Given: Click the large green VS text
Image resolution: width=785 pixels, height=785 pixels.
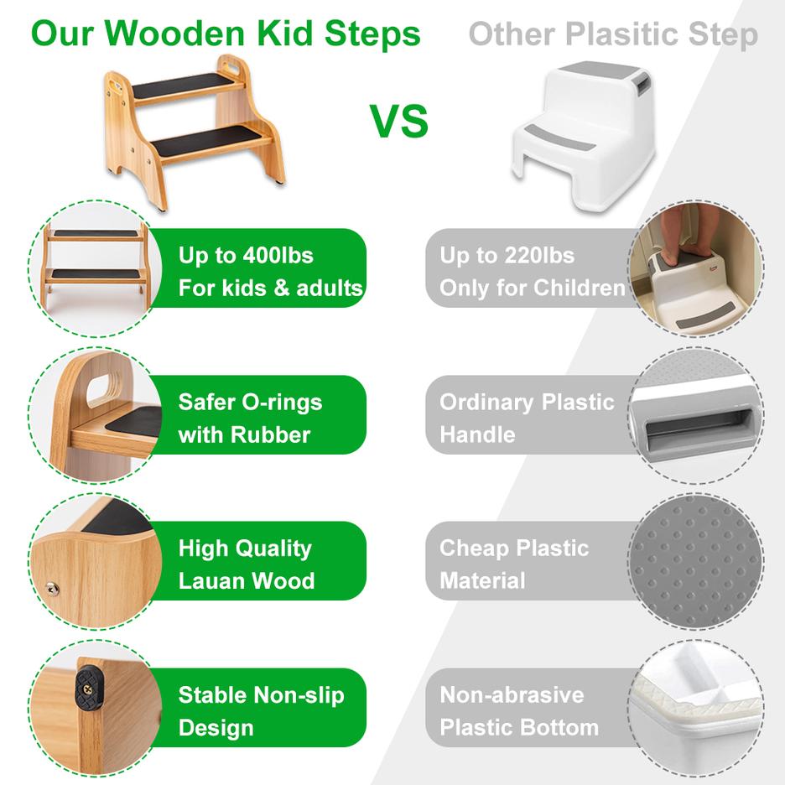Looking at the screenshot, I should coord(399,121).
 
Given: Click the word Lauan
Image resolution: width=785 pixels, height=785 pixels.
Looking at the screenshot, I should coord(216,581).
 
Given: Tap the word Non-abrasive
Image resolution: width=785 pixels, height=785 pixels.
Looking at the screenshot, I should coord(512,695).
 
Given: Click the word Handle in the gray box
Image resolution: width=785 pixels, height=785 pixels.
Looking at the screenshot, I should coord(477,434).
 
